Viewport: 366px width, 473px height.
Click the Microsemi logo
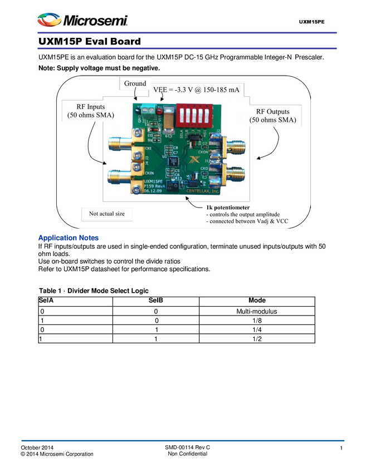point(82,20)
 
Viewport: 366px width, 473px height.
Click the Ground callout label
point(135,83)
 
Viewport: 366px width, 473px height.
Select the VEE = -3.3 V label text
point(196,90)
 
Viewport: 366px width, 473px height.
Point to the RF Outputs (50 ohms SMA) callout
point(273,115)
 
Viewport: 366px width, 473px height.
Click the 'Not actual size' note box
point(107,214)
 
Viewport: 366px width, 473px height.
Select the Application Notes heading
point(68,238)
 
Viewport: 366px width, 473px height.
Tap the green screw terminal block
point(147,109)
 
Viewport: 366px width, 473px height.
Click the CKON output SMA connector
point(236,147)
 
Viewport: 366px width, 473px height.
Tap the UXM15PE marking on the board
point(154,182)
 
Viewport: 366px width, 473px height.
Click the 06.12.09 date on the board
point(153,191)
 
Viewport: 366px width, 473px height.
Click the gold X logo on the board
point(193,160)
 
